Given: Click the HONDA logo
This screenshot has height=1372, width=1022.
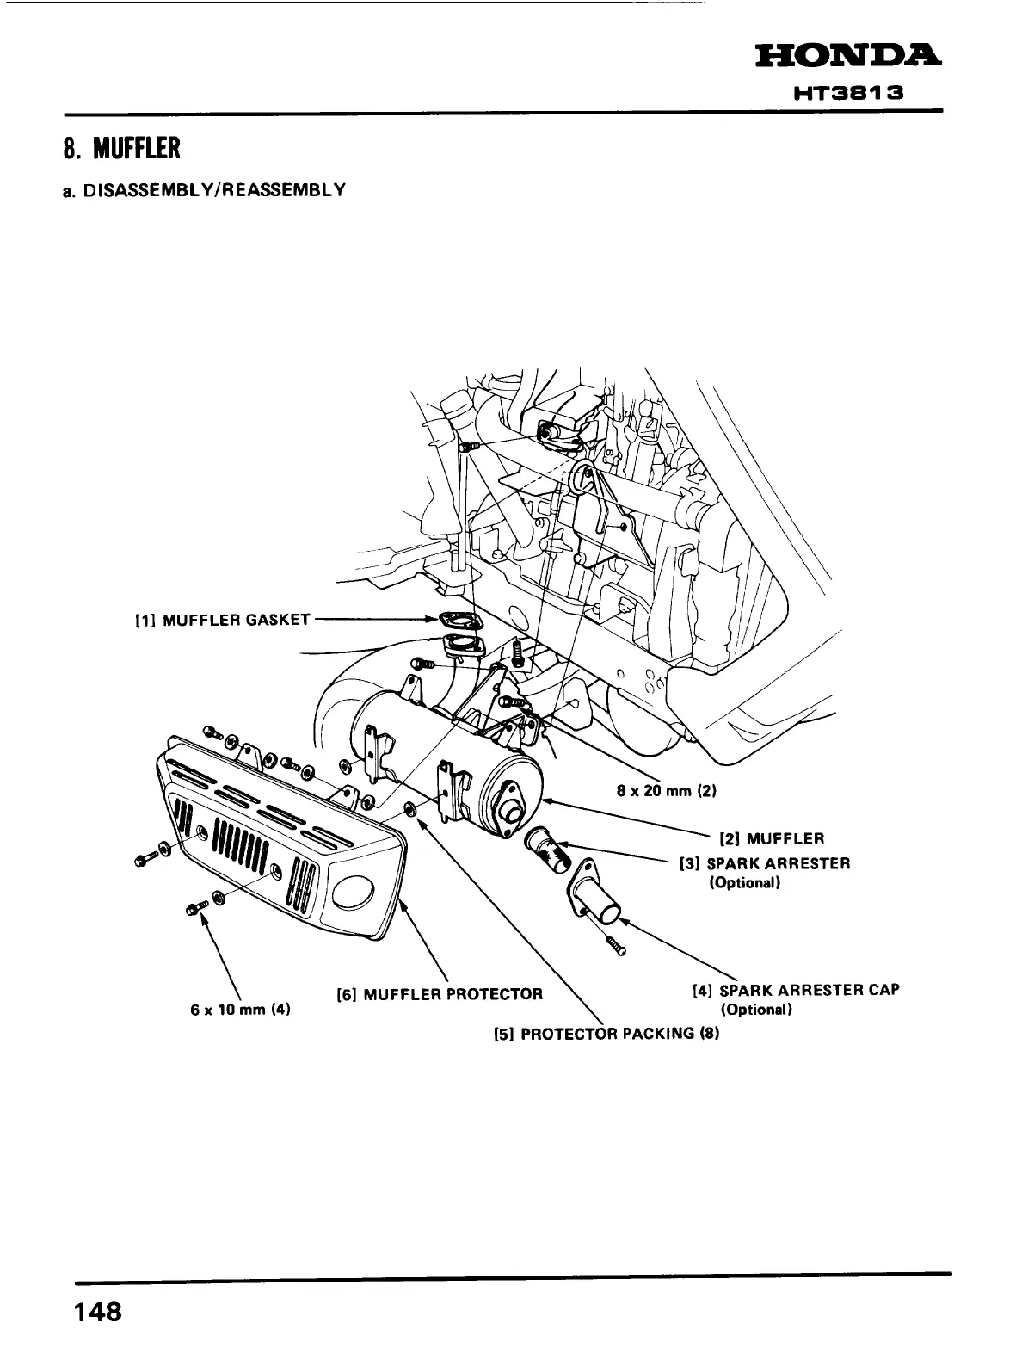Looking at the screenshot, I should click(847, 56).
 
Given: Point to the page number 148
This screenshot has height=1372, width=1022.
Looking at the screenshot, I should click(97, 1312).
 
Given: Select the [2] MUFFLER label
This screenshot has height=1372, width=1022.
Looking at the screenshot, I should click(773, 837).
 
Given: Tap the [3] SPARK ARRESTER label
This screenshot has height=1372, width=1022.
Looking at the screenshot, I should click(765, 863).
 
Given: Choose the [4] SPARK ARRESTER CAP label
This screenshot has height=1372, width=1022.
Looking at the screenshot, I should click(796, 990).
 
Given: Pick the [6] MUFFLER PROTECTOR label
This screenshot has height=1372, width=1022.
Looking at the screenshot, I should click(439, 995).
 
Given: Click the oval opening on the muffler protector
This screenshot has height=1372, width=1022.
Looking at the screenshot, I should click(354, 893).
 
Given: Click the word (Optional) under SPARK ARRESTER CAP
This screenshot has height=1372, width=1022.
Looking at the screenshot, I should click(755, 1009).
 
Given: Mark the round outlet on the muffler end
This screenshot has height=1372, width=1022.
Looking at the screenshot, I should click(514, 809).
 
